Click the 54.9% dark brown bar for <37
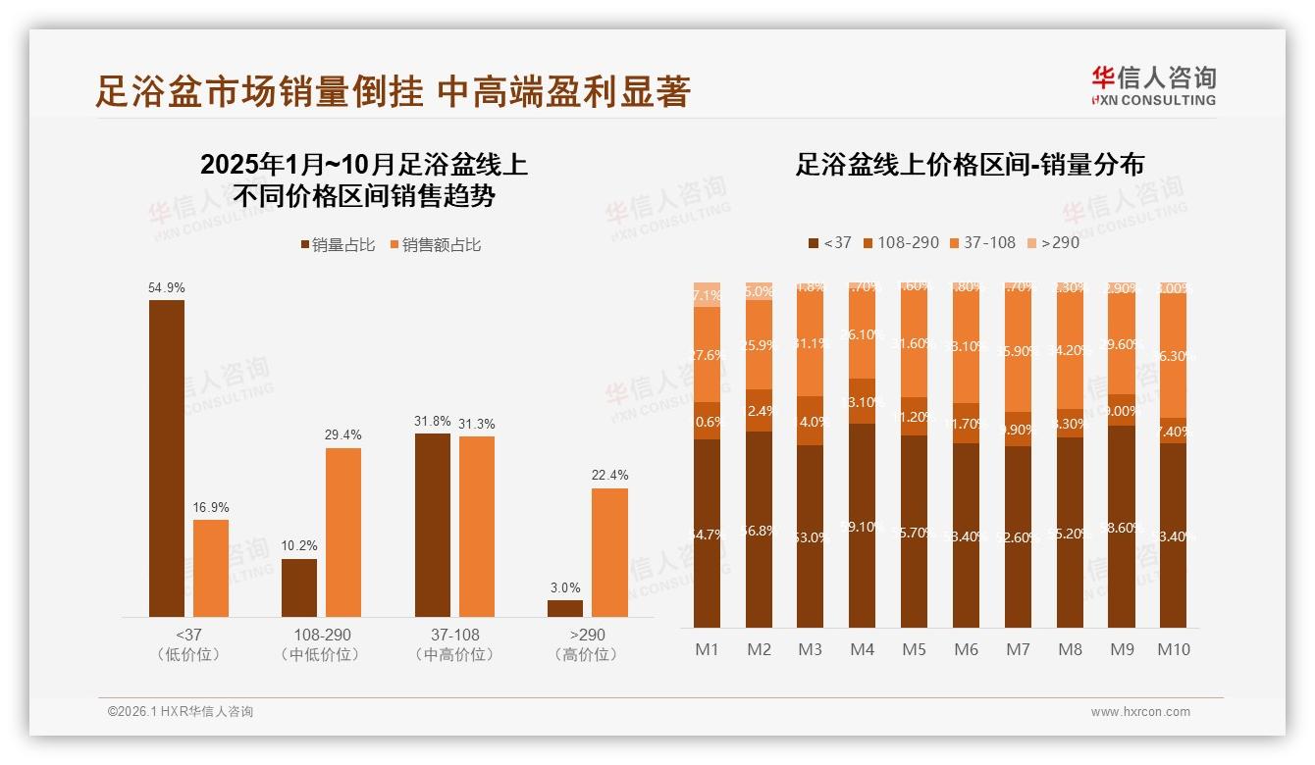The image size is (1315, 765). pyautogui.click(x=167, y=458)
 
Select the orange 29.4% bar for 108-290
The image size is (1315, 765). pyautogui.click(x=343, y=533)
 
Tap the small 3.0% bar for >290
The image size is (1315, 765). pyautogui.click(x=565, y=608)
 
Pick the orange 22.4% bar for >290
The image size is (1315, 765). pyautogui.click(x=609, y=552)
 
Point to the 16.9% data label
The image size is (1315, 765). pyautogui.click(x=210, y=508)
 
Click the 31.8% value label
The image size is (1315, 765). pyautogui.click(x=433, y=422)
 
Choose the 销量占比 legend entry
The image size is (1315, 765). pyautogui.click(x=338, y=245)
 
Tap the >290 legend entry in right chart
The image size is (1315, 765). pyautogui.click(x=1053, y=242)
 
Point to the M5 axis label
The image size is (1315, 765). pyautogui.click(x=914, y=649)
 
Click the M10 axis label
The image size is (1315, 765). pyautogui.click(x=1174, y=649)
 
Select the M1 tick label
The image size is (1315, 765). pyautogui.click(x=708, y=649)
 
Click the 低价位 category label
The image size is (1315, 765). pyautogui.click(x=188, y=654)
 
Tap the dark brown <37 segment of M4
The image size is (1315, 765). pyautogui.click(x=862, y=526)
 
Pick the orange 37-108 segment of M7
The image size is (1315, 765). pyautogui.click(x=1018, y=349)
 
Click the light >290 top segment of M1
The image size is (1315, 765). pyautogui.click(x=707, y=294)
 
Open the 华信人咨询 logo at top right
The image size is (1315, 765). pyautogui.click(x=1153, y=86)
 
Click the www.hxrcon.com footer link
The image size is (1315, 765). pyautogui.click(x=1140, y=712)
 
